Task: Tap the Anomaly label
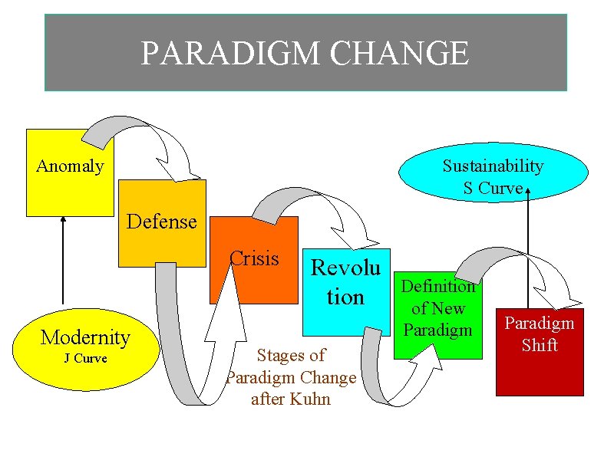[x=70, y=166]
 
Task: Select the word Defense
[x=162, y=222]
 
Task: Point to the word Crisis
[x=255, y=258]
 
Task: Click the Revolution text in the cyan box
[x=345, y=281]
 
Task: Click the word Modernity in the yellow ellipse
[x=85, y=337]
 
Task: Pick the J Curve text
[x=85, y=359]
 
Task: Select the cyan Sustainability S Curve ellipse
[x=492, y=176]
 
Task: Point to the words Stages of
[x=291, y=355]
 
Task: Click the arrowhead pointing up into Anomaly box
[x=64, y=220]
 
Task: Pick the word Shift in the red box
[x=540, y=346]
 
